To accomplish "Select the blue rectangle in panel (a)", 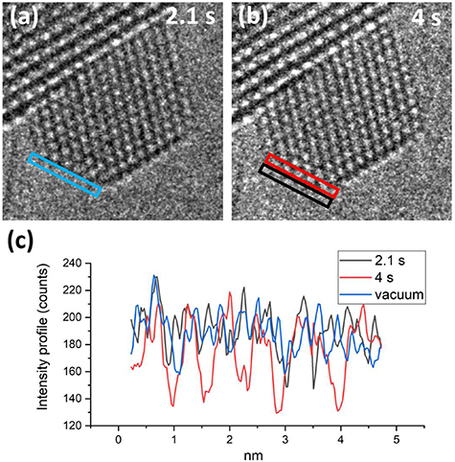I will click(63, 173).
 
